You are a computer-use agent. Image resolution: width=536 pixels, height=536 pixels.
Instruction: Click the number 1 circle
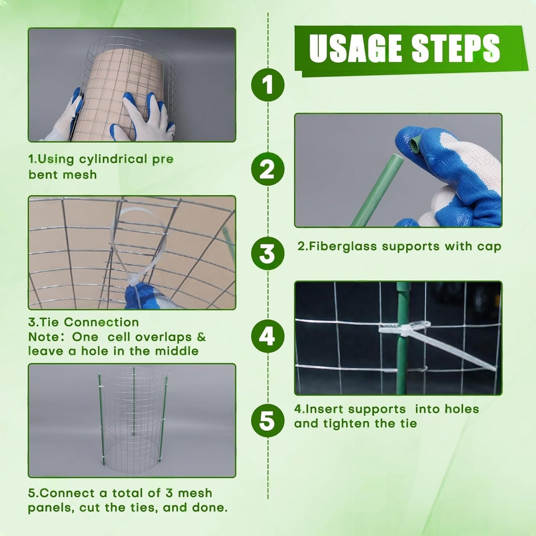[x=268, y=85]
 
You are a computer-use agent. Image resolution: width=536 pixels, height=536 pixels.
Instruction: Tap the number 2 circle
[x=268, y=169]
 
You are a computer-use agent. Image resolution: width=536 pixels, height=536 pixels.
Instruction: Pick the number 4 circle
[x=268, y=336]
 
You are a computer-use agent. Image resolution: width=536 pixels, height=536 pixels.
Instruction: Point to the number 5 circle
[x=268, y=420]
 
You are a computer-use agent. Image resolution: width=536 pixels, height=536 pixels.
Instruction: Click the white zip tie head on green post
[x=404, y=328]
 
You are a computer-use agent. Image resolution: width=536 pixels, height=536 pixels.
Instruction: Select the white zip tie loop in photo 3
[x=137, y=246]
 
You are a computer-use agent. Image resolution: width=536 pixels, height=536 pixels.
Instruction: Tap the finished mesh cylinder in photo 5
[x=133, y=419]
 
